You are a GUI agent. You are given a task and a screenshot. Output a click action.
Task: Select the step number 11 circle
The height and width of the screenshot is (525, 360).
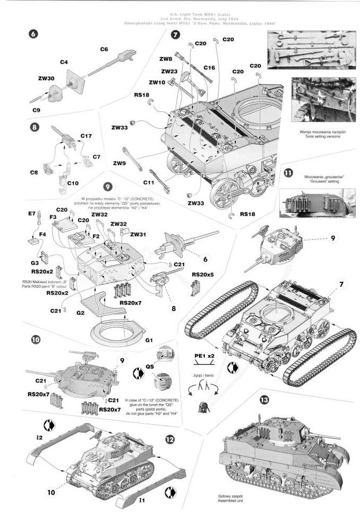pyautogui.click(x=288, y=173)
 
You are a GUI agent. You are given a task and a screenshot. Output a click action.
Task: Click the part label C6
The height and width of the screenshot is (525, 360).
pyautogui.click(x=104, y=49)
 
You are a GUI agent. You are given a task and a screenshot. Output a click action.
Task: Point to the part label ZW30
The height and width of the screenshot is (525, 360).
pyautogui.click(x=46, y=78)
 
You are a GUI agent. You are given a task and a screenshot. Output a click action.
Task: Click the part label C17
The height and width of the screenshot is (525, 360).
pyautogui.click(x=86, y=136)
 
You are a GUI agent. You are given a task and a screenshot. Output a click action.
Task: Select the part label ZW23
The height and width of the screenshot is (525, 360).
pyautogui.click(x=169, y=72)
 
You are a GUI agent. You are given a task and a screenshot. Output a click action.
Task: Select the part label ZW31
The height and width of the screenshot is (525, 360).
pyautogui.click(x=138, y=234)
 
